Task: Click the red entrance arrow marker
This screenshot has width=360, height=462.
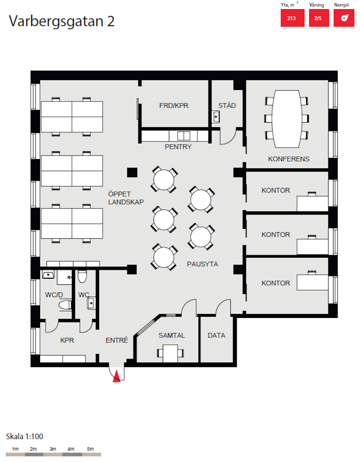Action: [117, 376]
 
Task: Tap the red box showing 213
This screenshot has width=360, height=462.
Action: [292, 18]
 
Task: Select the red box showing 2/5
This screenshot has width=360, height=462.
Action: [319, 18]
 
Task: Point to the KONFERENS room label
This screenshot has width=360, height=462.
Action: [288, 159]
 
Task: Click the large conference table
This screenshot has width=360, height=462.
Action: [287, 119]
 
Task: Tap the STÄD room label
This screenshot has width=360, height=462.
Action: [227, 105]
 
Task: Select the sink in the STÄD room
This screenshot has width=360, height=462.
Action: [216, 117]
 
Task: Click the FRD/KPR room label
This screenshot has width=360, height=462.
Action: [174, 106]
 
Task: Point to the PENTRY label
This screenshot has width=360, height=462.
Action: [178, 147]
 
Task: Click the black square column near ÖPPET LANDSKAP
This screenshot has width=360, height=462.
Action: [132, 173]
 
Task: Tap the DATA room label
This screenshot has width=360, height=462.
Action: [217, 335]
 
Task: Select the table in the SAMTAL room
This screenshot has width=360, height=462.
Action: [170, 353]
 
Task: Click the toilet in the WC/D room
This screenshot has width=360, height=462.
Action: [65, 305]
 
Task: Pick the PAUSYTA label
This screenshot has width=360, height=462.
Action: [202, 264]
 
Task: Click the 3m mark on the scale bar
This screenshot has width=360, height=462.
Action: [53, 449]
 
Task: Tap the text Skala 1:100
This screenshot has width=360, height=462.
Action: [25, 436]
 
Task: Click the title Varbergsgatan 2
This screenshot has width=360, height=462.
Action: [62, 21]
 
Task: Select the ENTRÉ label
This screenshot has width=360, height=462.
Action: [117, 340]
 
